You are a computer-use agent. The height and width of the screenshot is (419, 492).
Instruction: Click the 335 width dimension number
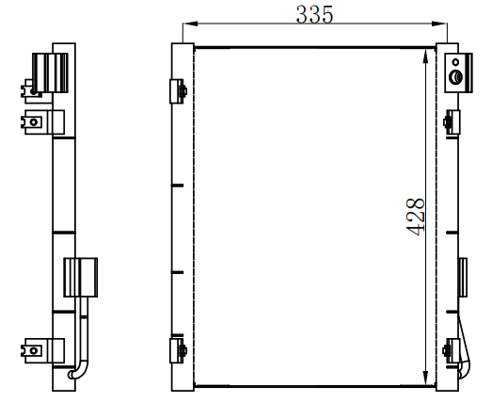pyautogui.click(x=314, y=14)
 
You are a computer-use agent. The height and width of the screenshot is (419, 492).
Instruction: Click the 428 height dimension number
pyautogui.click(x=416, y=217)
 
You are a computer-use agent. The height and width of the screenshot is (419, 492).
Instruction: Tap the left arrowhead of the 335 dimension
pyautogui.click(x=190, y=24)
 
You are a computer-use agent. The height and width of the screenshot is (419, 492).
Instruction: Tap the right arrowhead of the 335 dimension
pyautogui.click(x=439, y=24)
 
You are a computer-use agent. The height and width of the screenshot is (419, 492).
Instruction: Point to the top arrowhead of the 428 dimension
pyautogui.click(x=425, y=56)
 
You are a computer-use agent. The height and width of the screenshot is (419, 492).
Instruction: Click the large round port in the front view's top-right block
pyautogui.click(x=455, y=77)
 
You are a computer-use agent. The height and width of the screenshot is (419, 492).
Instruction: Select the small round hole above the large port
pyautogui.click(x=455, y=62)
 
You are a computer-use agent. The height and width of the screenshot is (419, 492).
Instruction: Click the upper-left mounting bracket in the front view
pyautogui.click(x=178, y=91)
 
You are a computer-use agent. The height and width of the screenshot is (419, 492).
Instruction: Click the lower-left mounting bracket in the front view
pyautogui.click(x=178, y=350)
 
